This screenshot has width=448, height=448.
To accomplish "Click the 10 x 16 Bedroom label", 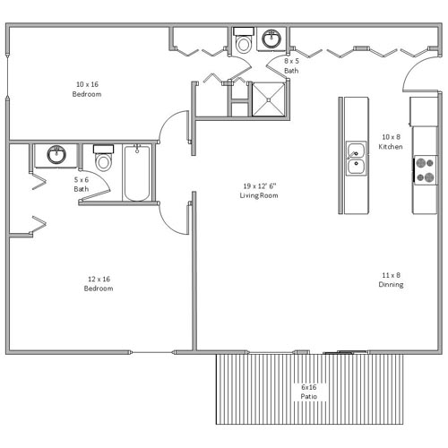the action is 87,89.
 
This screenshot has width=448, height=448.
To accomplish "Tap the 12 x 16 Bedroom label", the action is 99,283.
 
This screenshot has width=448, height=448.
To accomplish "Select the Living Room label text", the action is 259,195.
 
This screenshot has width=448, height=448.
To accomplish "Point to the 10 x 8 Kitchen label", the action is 391,142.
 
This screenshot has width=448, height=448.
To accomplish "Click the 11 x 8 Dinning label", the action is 391,280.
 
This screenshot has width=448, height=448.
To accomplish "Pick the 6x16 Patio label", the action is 309,392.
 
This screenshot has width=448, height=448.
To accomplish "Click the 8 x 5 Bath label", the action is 291,65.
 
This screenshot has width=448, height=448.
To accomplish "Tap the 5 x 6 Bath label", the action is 82,185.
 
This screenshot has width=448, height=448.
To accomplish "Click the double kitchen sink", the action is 356,158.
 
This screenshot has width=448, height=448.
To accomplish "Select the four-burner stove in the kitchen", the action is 426,170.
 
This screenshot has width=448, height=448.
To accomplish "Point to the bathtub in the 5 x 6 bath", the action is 137,173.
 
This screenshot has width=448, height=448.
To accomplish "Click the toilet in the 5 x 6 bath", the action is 103,158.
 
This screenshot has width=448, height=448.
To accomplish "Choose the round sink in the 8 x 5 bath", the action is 271,39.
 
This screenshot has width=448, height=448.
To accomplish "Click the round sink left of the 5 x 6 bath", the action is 56,154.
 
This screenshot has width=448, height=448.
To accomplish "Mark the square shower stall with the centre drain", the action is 269,99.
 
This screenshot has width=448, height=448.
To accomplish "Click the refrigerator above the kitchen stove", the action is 424,111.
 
